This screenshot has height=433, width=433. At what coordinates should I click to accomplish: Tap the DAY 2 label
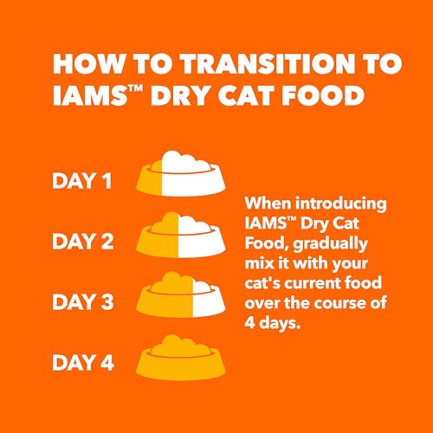[x=83, y=241]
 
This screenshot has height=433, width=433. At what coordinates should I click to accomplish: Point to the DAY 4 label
[x=83, y=362]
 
